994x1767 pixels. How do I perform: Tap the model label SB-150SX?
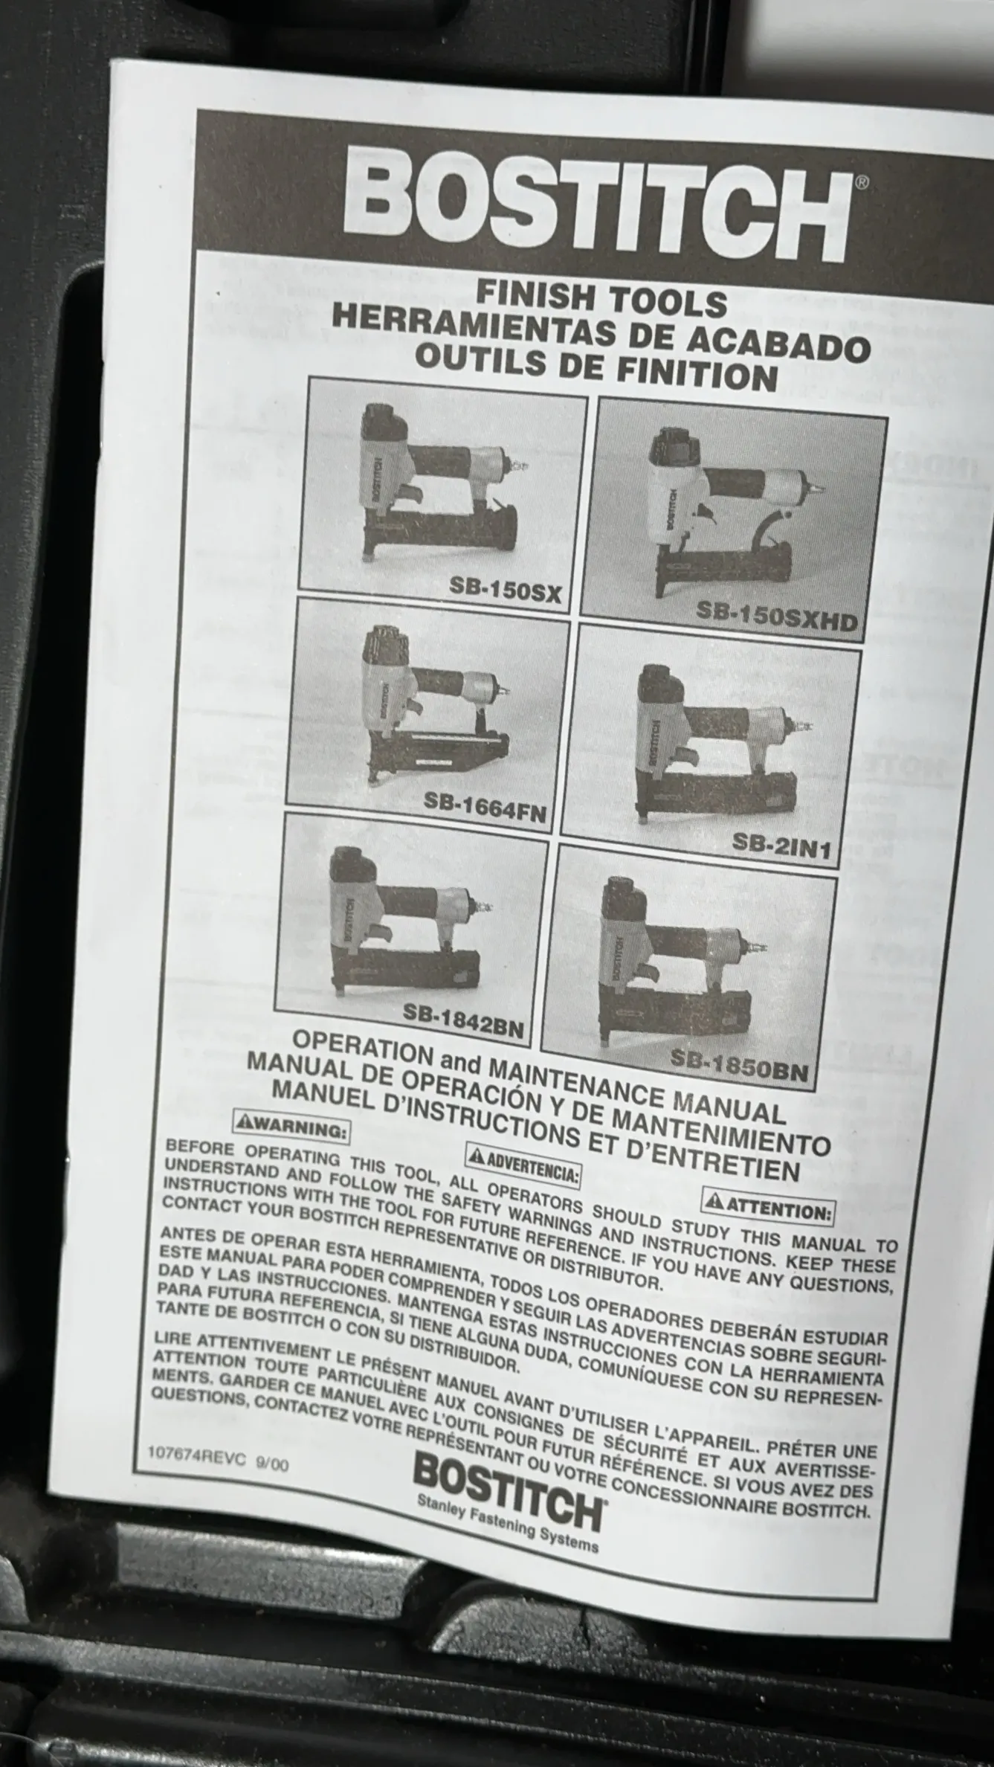pyautogui.click(x=505, y=590)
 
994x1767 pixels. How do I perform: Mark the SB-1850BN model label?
pyautogui.click(x=738, y=1063)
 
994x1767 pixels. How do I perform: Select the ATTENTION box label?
pyautogui.click(x=768, y=1209)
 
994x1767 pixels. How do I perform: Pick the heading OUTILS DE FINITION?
pyautogui.click(x=596, y=365)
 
